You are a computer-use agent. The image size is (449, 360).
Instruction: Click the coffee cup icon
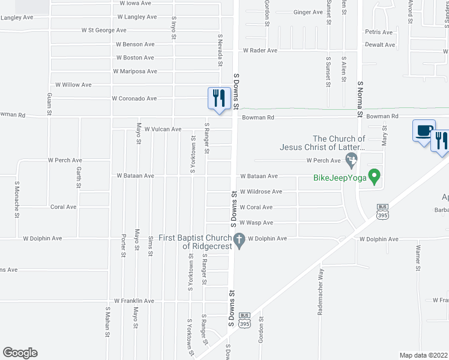point(424,130)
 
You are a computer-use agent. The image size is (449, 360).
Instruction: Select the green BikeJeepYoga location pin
point(375,176)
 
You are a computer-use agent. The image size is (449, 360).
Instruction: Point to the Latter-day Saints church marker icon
point(352,159)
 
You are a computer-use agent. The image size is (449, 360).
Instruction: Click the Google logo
point(20,353)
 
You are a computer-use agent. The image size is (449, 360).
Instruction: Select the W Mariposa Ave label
point(135,71)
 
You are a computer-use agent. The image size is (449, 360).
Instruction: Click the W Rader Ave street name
point(260,51)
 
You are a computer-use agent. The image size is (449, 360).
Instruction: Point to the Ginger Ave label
point(308,12)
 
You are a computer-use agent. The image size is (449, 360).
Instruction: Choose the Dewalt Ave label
point(381,45)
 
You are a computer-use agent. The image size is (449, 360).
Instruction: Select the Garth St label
point(79,178)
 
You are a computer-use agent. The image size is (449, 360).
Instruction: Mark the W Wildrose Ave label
point(261,192)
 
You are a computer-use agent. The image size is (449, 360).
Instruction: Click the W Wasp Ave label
point(256,223)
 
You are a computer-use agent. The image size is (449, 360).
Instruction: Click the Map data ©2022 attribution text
point(424,355)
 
